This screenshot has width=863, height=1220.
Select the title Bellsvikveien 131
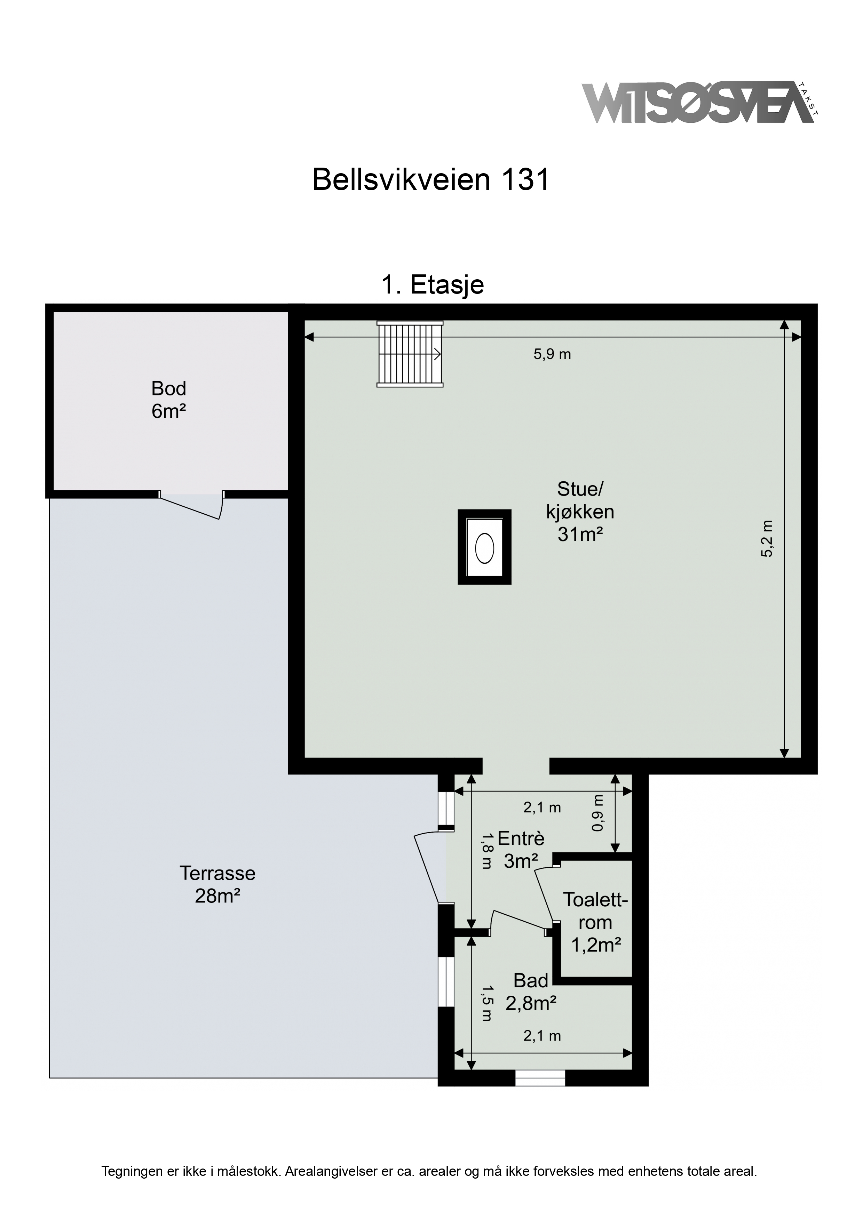[x=431, y=179]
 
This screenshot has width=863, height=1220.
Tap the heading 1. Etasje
[x=432, y=285]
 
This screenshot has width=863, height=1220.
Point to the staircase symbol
[x=410, y=354]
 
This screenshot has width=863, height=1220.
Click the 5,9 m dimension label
[x=552, y=354]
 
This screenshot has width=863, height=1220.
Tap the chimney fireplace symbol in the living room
[x=484, y=547]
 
